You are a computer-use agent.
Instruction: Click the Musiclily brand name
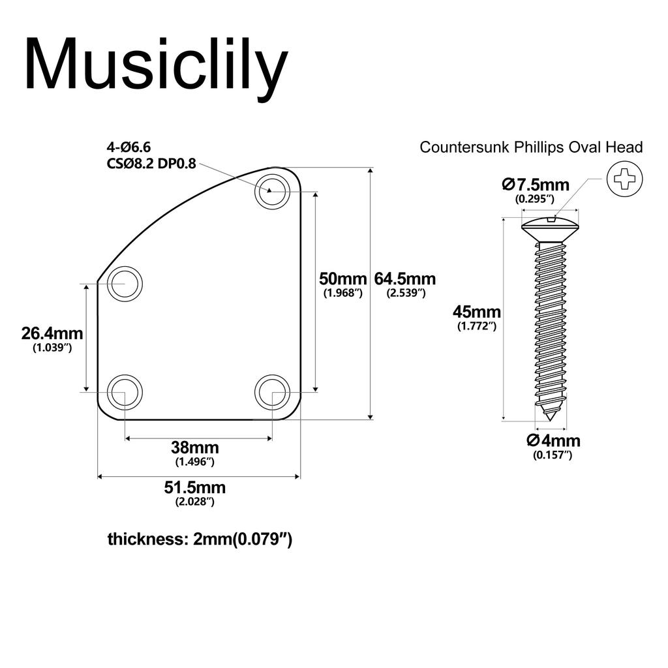156,65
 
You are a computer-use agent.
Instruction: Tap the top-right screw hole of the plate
272,190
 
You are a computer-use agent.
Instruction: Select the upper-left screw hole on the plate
125,284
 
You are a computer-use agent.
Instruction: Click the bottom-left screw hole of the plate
125,392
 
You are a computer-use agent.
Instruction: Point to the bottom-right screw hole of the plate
272,392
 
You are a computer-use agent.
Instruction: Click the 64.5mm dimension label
404,279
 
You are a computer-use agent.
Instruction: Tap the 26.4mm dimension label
52,333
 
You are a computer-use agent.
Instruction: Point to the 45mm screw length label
477,311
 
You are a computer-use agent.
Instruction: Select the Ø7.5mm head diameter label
536,185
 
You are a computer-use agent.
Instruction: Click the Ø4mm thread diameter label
553,440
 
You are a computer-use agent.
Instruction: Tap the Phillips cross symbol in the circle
624,178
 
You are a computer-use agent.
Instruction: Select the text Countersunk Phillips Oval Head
531,147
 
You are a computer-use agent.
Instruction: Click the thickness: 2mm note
200,539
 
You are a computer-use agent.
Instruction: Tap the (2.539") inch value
406,294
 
